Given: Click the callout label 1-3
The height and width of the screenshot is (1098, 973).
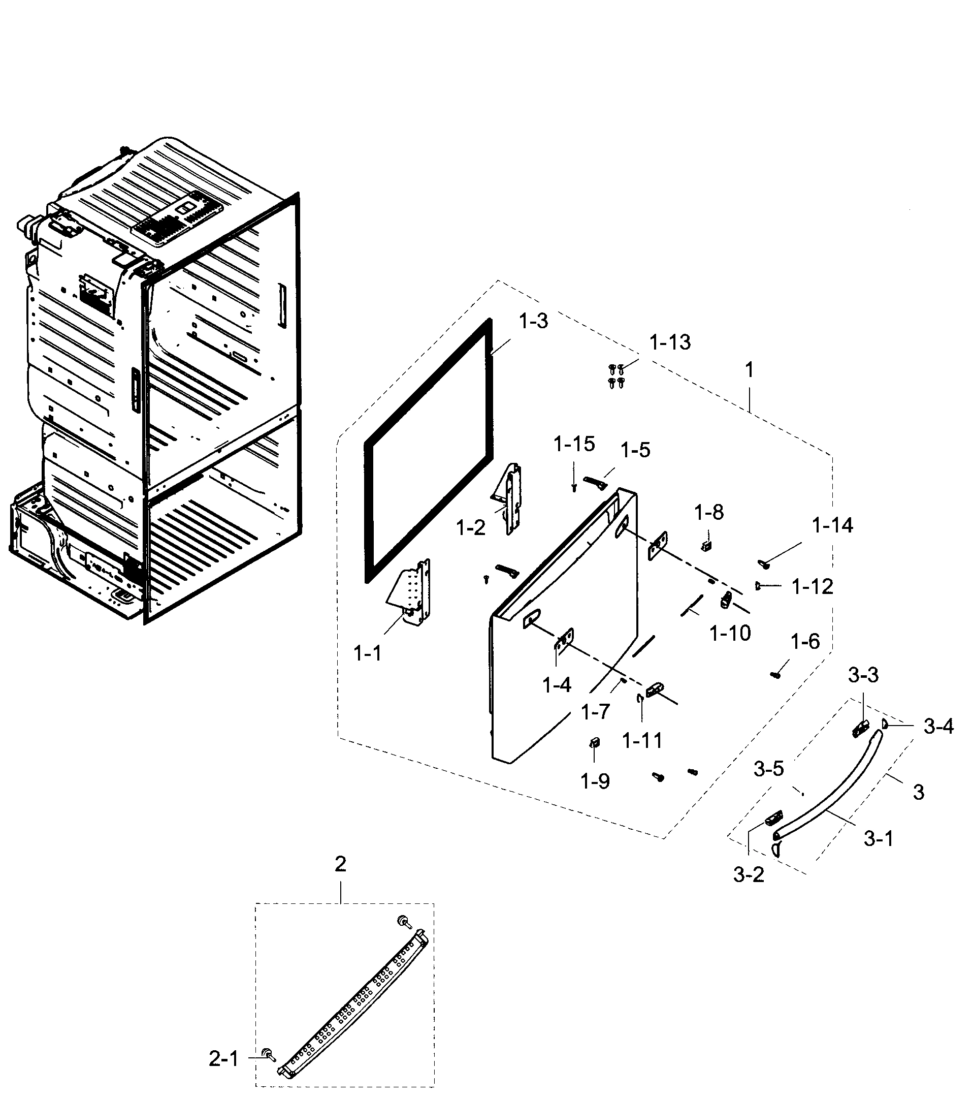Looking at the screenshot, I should pyautogui.click(x=533, y=321).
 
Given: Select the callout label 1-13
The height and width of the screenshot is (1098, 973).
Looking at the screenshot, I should pyautogui.click(x=670, y=342).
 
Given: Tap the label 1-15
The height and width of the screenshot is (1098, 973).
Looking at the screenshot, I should pyautogui.click(x=574, y=444).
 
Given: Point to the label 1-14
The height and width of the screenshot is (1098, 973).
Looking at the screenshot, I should pyautogui.click(x=832, y=525).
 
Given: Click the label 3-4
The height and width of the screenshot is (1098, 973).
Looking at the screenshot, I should pyautogui.click(x=938, y=727).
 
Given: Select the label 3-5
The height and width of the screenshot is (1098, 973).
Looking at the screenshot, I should pyautogui.click(x=768, y=769).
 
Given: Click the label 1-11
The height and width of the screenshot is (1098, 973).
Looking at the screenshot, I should pyautogui.click(x=642, y=741).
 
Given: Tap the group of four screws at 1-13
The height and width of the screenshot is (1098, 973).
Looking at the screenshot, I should pyautogui.click(x=617, y=375).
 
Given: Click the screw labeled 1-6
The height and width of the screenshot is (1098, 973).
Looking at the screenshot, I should pyautogui.click(x=775, y=675).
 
